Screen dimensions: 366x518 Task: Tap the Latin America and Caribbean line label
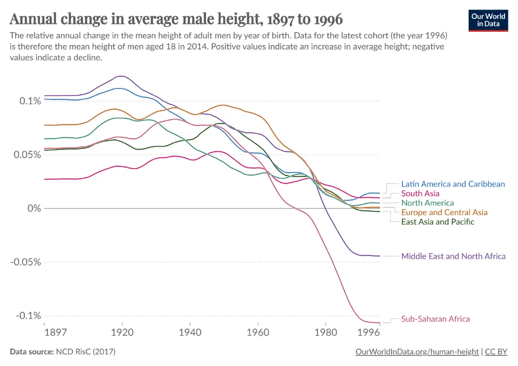coord(453,184)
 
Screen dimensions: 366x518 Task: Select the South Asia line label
coord(420,194)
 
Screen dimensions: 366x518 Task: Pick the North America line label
coord(427,203)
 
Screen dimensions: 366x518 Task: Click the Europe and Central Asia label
coord(444,212)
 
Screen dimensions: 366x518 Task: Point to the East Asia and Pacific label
coord(437,222)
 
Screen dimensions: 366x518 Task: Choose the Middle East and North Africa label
coord(453,256)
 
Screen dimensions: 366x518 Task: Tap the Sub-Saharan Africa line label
coord(436,319)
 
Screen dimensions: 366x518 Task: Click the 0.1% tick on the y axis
coord(30,101)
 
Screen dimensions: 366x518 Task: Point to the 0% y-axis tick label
coord(33,208)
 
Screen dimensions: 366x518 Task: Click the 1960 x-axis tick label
coord(258,332)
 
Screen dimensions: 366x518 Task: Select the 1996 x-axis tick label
coord(369,332)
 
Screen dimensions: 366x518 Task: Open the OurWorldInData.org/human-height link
coord(417,352)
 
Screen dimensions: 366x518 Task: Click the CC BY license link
coord(496,352)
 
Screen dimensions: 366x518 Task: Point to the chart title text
coord(176,19)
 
